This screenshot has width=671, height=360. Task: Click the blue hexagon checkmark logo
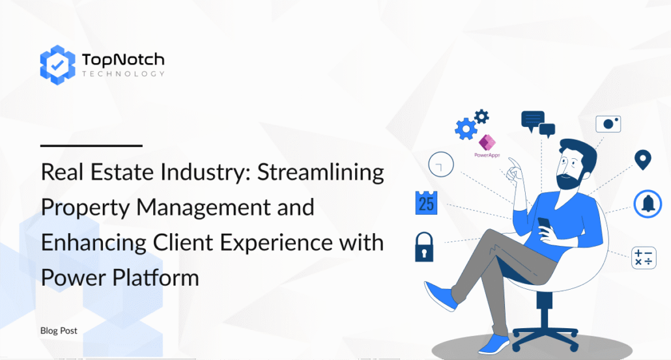pos(57,65)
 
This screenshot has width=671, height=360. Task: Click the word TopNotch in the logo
pos(123,59)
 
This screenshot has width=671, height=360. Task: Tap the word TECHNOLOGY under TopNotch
pos(123,74)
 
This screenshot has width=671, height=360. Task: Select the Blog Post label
pos(59,331)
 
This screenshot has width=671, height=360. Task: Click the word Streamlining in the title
pos(321,172)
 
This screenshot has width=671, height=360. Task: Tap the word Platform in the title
pos(156,277)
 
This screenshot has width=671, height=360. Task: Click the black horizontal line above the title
pos(91,146)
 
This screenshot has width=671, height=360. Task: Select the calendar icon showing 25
pos(426,202)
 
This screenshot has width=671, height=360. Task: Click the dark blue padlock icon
pos(424,247)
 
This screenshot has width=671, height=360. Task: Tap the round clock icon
pos(441,164)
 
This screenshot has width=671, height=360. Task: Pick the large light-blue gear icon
pos(466,129)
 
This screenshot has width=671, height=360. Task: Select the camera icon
pos(608,124)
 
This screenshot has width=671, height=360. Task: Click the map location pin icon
pos(643,160)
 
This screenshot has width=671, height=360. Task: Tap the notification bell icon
pos(648,204)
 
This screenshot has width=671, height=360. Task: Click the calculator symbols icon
pos(644,258)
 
